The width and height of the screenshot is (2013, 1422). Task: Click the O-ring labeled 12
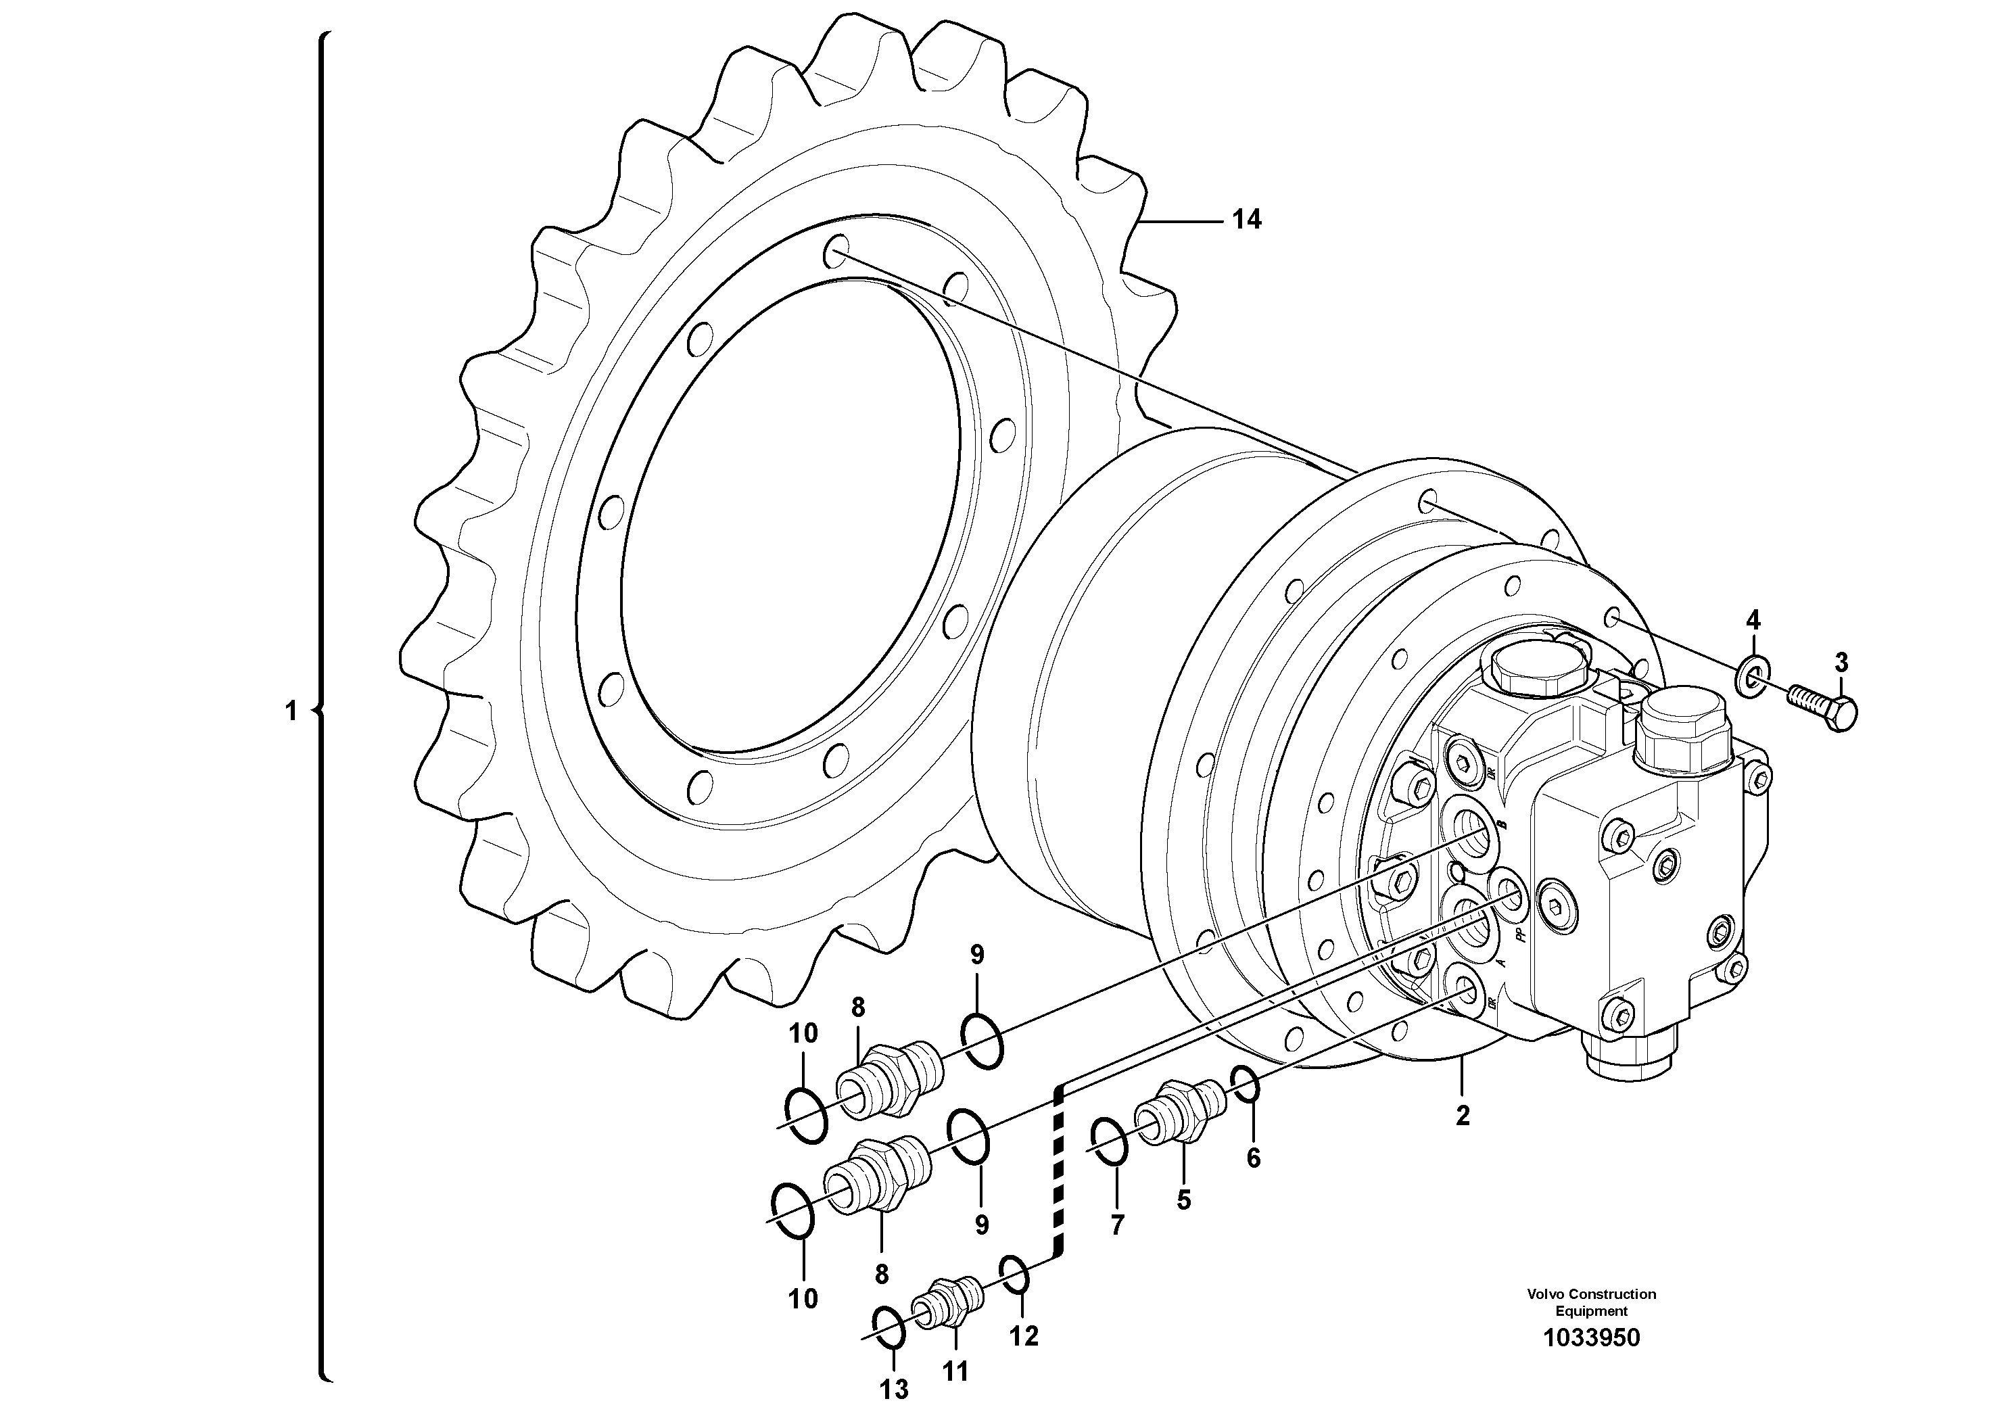tap(1015, 1274)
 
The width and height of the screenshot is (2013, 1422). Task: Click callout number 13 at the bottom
tap(895, 1389)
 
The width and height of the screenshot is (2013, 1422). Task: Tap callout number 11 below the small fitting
tap(955, 1371)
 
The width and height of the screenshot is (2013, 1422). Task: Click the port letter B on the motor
tap(1501, 825)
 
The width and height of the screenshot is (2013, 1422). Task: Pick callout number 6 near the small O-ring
tap(1254, 1158)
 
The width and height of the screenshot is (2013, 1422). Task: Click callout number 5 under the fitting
tap(1183, 1200)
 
